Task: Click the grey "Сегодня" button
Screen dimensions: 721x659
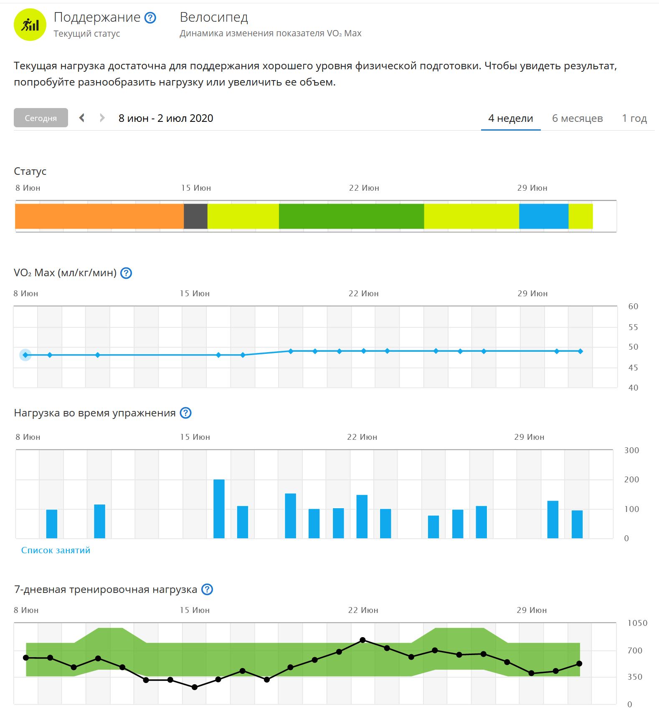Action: [41, 118]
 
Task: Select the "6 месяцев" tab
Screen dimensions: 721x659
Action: [577, 118]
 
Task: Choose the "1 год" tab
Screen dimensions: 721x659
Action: [634, 118]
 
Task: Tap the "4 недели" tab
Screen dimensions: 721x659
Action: [510, 118]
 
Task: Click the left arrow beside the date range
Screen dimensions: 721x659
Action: [82, 118]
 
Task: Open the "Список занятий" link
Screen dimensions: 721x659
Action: [56, 550]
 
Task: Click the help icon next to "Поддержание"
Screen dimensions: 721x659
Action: [150, 18]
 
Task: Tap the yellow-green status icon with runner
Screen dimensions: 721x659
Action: [30, 25]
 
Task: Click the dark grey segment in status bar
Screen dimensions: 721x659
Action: [195, 216]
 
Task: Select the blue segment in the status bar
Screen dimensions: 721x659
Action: [543, 216]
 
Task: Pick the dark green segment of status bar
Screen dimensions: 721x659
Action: [351, 216]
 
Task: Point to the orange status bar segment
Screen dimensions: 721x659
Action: [99, 216]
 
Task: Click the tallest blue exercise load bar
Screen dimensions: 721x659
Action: [219, 509]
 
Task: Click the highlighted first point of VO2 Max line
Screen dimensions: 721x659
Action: [25, 355]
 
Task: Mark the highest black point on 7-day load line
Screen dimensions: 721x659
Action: [362, 640]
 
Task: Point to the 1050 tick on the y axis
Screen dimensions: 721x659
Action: [637, 623]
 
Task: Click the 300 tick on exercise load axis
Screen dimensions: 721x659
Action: [631, 450]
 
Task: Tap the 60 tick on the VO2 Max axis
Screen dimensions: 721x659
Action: [633, 306]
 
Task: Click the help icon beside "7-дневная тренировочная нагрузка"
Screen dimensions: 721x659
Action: [207, 590]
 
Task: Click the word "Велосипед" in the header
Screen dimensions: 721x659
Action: [214, 17]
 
